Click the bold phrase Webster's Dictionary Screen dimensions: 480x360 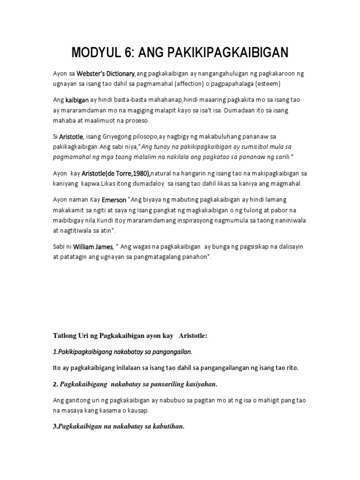tap(105, 74)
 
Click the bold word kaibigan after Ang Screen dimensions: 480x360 tap(77, 100)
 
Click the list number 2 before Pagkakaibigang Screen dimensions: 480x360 tap(54, 384)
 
